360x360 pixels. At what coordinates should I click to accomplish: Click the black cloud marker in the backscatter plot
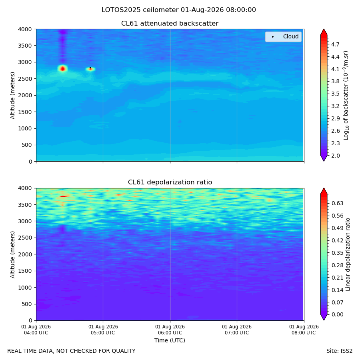click(x=90, y=68)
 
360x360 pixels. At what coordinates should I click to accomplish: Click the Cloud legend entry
click(x=283, y=36)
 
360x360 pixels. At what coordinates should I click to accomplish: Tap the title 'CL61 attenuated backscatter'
click(x=170, y=24)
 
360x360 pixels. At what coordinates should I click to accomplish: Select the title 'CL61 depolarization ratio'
click(x=170, y=182)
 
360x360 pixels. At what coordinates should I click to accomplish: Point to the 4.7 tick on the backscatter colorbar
click(x=335, y=44)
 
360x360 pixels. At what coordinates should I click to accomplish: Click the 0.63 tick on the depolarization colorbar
click(x=337, y=203)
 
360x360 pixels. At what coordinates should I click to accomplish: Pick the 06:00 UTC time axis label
click(x=170, y=330)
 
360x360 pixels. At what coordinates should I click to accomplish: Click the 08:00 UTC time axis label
click(x=304, y=330)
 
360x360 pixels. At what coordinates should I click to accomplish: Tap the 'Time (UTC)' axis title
click(x=170, y=340)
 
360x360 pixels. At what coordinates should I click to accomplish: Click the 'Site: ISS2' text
click(x=339, y=351)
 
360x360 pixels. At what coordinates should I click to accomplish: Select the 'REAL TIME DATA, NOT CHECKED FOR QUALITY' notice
click(x=72, y=351)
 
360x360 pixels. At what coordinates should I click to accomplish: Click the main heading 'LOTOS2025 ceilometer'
click(x=140, y=10)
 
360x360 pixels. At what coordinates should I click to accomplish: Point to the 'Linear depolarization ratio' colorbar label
click(x=348, y=254)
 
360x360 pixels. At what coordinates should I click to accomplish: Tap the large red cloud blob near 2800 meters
click(x=63, y=68)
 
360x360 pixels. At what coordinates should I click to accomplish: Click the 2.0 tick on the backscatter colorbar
click(x=335, y=156)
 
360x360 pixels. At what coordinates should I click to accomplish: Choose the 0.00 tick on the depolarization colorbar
click(x=337, y=314)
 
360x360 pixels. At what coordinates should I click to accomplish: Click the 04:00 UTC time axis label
click(x=36, y=330)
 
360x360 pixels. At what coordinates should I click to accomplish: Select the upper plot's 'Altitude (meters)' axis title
click(x=12, y=96)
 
